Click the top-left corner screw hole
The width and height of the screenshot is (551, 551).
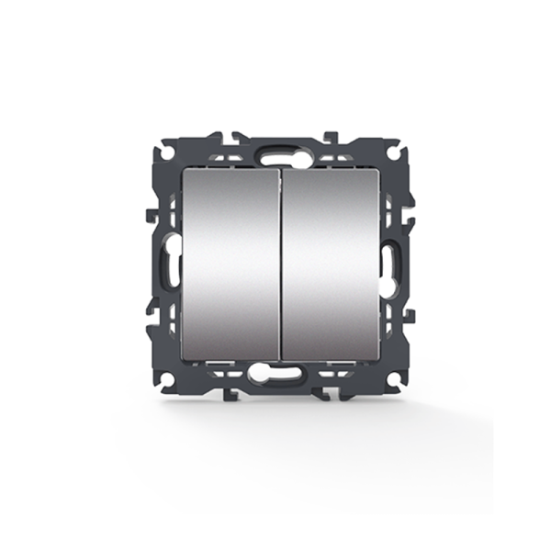point(168,148)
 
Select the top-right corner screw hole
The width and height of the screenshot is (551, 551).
point(393,148)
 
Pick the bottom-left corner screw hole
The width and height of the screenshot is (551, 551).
point(168,377)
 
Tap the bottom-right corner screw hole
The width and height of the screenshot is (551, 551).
point(393,377)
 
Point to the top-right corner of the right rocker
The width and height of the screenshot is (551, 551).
point(377,171)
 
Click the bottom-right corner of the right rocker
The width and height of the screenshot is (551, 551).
point(377,358)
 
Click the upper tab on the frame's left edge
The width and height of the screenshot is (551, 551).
point(152,216)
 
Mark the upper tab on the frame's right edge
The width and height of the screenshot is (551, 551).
point(410,216)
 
